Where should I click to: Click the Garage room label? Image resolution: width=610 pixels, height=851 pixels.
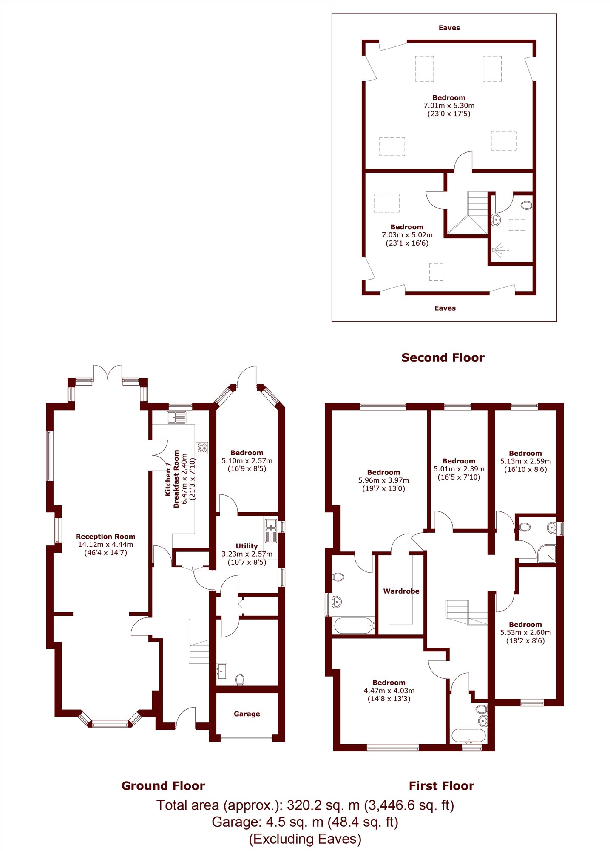247,714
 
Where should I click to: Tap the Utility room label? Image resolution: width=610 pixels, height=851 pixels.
247,546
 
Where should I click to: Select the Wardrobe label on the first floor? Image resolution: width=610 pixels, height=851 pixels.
401,591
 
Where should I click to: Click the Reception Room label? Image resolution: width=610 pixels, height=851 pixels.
105,537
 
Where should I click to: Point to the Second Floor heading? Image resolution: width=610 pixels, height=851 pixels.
443,357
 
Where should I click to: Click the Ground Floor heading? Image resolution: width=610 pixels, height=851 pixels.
163,786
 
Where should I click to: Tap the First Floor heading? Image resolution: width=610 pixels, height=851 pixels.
441,786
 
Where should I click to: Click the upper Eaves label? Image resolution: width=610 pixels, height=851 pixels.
449,28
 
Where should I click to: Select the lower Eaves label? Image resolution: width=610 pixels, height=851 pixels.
445,308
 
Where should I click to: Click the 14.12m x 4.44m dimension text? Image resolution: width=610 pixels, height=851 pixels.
105,545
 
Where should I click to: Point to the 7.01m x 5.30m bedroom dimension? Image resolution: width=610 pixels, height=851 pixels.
449,106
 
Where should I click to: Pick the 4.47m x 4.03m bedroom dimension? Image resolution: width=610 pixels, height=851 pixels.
389,691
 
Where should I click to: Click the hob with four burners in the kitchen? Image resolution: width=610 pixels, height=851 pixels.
202,448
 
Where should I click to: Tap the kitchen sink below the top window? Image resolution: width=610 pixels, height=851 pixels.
176,417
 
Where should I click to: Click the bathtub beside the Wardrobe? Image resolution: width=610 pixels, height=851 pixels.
355,625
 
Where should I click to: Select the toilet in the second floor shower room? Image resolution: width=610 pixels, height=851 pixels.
527,205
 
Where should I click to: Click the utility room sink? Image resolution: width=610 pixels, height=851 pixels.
270,531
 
